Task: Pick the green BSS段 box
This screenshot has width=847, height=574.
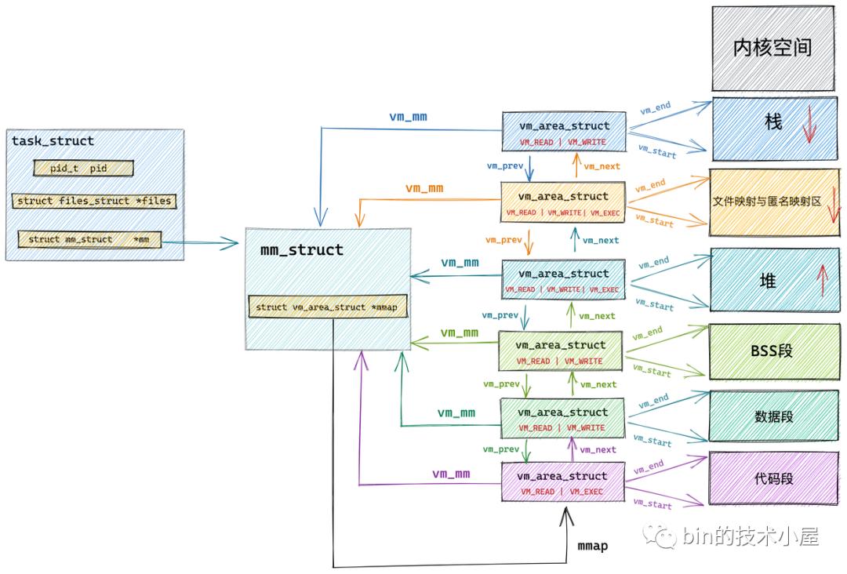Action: (x=772, y=351)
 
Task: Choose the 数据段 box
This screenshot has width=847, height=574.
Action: (x=772, y=416)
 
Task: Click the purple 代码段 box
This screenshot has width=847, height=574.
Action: (x=772, y=478)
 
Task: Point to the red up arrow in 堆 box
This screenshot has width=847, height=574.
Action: (x=822, y=281)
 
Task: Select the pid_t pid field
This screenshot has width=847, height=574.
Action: (x=83, y=169)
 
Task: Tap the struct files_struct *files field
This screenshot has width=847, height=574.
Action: (x=93, y=201)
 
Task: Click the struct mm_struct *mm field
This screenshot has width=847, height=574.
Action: (x=89, y=239)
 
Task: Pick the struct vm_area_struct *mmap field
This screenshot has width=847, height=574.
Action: (x=327, y=307)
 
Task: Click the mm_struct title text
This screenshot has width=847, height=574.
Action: (x=301, y=250)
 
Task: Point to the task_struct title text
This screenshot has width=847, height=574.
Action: (x=53, y=141)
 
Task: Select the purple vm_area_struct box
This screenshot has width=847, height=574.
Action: (x=562, y=482)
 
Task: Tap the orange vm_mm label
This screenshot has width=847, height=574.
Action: (x=423, y=188)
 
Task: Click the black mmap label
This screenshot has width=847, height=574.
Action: (x=592, y=546)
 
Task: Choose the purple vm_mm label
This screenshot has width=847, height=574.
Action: (x=451, y=474)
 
